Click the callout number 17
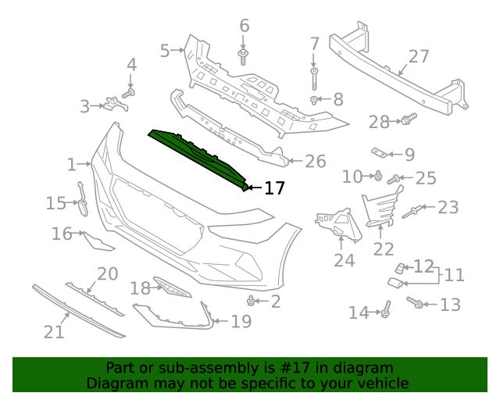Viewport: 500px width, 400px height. pyautogui.click(x=274, y=187)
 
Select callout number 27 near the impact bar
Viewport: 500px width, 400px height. pyautogui.click(x=419, y=56)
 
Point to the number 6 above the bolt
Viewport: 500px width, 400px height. pyautogui.click(x=245, y=26)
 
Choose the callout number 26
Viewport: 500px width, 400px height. pyautogui.click(x=315, y=162)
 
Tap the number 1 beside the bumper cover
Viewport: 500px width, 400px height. pyautogui.click(x=72, y=165)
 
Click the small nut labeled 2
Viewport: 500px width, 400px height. pyautogui.click(x=251, y=301)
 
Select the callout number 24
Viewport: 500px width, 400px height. pyautogui.click(x=344, y=260)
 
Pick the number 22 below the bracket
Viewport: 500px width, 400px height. pyautogui.click(x=384, y=248)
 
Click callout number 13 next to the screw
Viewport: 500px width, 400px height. pyautogui.click(x=451, y=305)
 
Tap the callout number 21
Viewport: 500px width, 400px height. pyautogui.click(x=53, y=332)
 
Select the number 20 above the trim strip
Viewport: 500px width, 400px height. pyautogui.click(x=107, y=273)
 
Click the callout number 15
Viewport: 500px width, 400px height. pyautogui.click(x=56, y=203)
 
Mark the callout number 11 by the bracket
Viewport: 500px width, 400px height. pyautogui.click(x=454, y=275)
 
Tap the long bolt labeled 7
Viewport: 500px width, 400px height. pyautogui.click(x=314, y=78)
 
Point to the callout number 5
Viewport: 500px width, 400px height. pyautogui.click(x=165, y=51)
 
